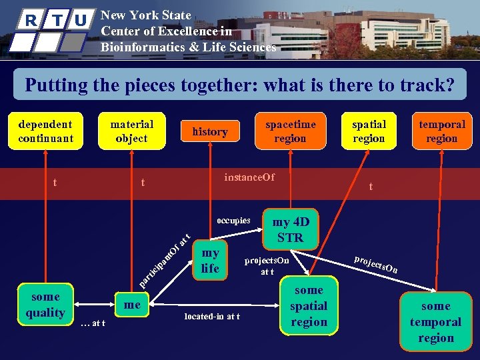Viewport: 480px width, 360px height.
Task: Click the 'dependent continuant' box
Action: [45, 131]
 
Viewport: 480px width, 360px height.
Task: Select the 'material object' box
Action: [131, 131]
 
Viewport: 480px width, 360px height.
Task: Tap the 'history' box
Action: [210, 132]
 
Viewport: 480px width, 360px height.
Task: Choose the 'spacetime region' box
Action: [290, 131]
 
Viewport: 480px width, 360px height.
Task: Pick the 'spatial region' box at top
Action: [369, 131]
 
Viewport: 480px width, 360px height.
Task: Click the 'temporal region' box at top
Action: [441, 131]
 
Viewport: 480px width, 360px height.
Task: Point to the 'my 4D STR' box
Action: [290, 229]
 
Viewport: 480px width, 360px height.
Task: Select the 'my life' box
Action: [210, 260]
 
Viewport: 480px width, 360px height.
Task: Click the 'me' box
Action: [133, 305]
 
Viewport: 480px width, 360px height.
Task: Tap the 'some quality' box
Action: [45, 305]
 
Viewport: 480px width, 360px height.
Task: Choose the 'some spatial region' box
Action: [309, 305]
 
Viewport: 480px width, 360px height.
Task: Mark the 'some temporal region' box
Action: [435, 321]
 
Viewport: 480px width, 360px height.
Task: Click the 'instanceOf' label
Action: [249, 177]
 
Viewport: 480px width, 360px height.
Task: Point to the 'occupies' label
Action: [233, 220]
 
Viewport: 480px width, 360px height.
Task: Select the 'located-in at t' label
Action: [212, 317]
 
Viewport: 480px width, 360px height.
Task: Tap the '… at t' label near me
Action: [93, 323]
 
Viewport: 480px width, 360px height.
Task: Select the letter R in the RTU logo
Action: [31, 19]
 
